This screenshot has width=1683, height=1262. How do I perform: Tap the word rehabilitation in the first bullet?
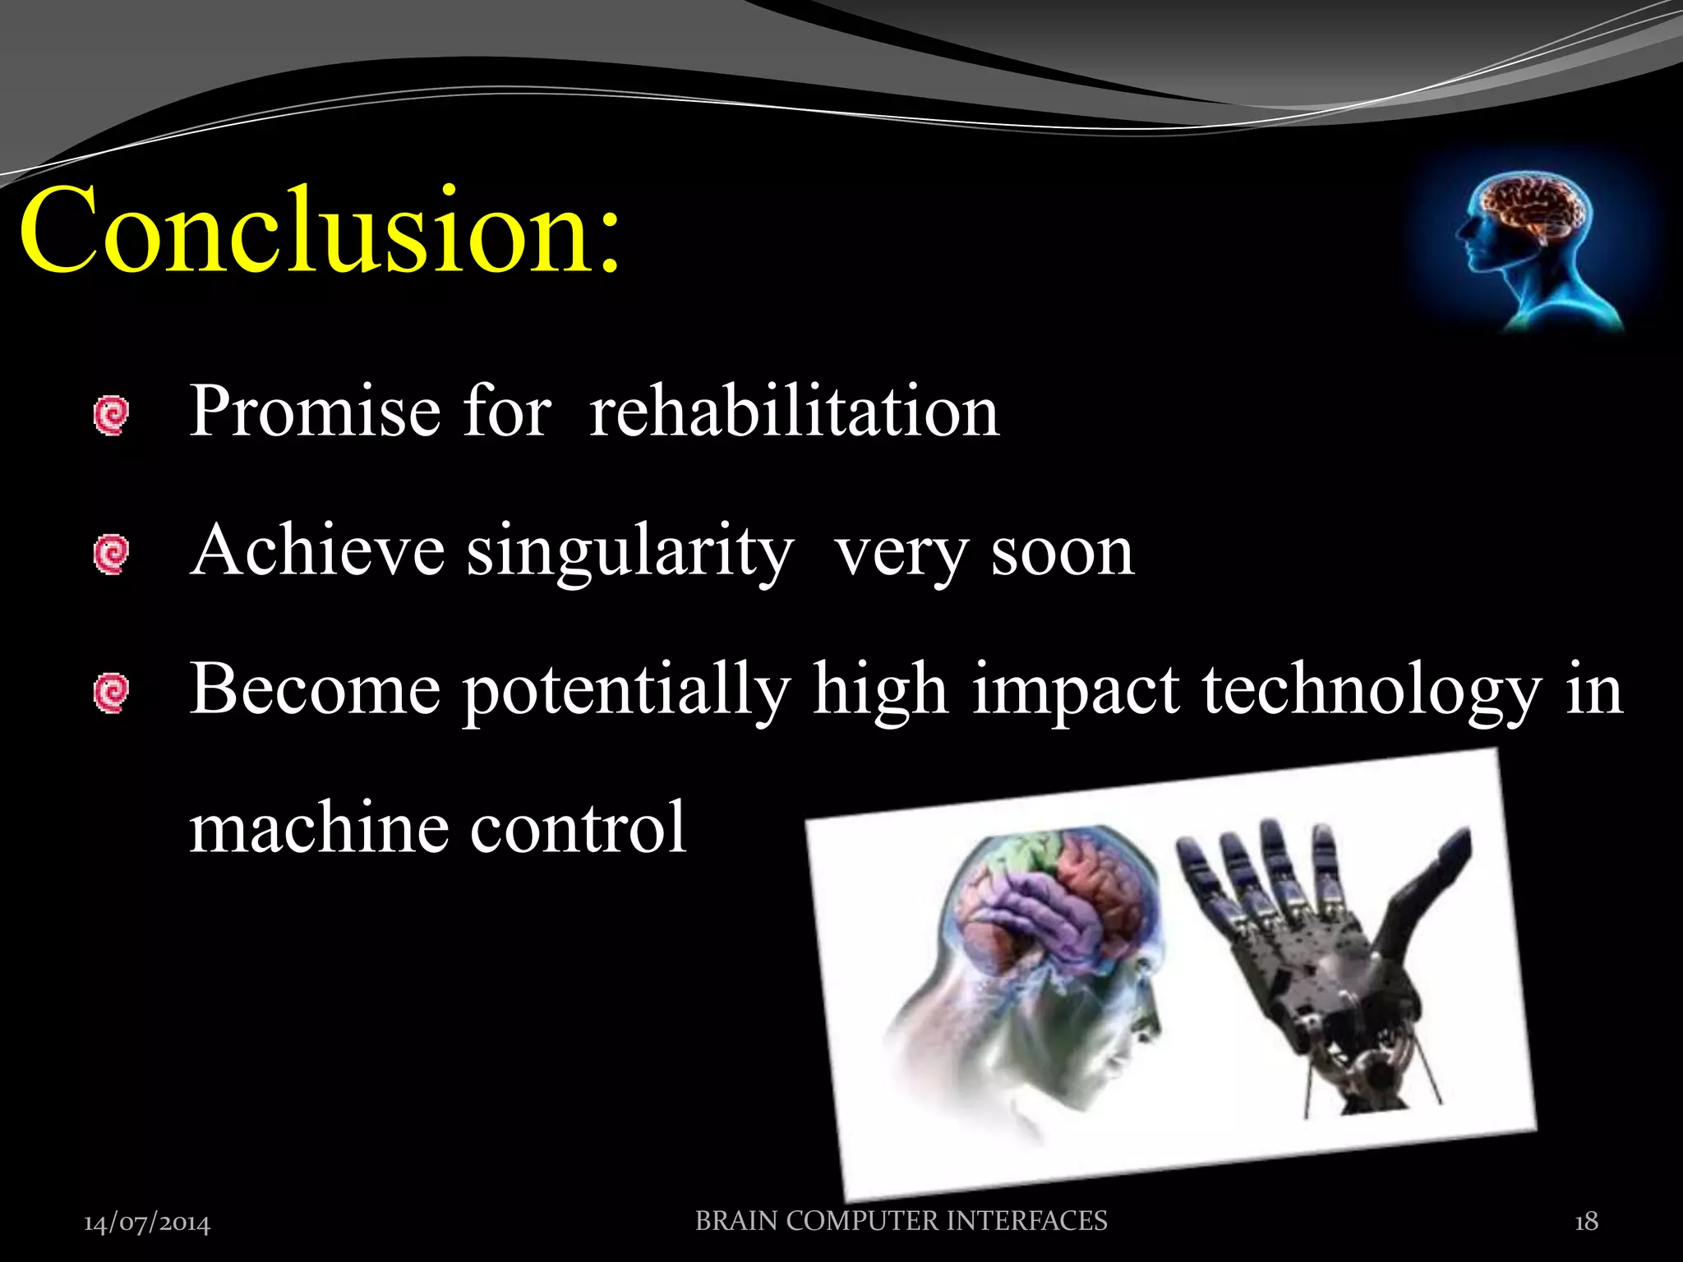point(794,411)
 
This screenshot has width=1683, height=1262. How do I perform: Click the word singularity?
point(629,552)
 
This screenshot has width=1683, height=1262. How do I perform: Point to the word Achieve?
point(317,550)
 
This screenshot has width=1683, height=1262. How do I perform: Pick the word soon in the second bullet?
point(1062,552)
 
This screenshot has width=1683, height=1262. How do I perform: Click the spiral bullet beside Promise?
point(111,416)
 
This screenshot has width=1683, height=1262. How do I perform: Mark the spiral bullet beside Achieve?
point(111,555)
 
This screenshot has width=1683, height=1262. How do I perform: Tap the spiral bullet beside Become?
point(111,693)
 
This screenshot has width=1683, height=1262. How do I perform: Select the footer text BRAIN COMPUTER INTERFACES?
point(901,1221)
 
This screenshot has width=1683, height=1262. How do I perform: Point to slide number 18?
point(1586,1222)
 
